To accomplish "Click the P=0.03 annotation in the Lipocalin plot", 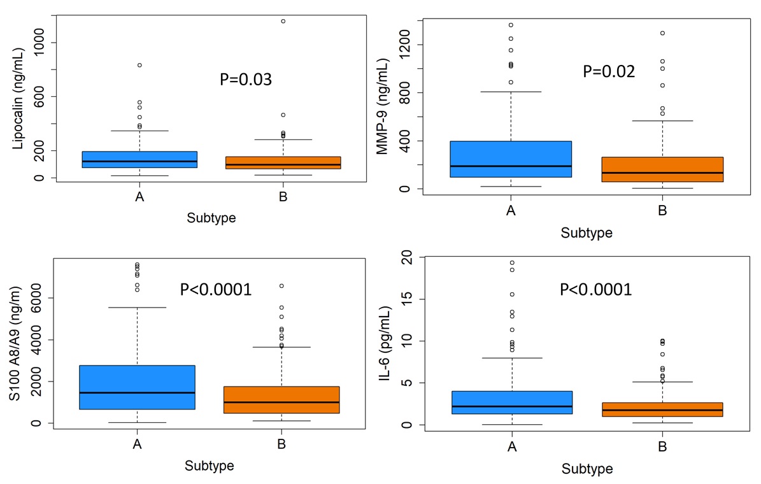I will (245, 80).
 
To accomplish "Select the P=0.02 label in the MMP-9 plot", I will (609, 71).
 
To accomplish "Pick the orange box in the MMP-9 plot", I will (662, 169).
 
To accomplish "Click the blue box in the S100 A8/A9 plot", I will (137, 387).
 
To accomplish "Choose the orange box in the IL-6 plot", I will (662, 409).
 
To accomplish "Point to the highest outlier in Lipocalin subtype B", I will (283, 21).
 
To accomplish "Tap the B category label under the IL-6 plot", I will (662, 447).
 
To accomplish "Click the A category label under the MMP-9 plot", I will (511, 211).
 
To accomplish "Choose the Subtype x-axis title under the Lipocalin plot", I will (211, 218).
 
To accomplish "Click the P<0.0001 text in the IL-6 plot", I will (595, 290).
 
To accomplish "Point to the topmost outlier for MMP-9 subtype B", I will (662, 33).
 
